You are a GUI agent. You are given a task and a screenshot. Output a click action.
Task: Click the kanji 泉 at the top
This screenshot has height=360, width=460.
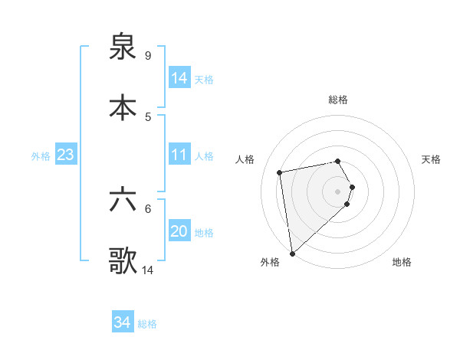pyautogui.click(x=123, y=47)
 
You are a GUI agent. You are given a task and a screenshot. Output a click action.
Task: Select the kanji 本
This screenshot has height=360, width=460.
pyautogui.click(x=123, y=108)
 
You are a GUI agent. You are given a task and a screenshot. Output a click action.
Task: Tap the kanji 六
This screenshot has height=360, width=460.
pyautogui.click(x=123, y=202)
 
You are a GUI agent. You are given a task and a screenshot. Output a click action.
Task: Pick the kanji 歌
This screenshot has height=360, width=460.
pyautogui.click(x=123, y=261)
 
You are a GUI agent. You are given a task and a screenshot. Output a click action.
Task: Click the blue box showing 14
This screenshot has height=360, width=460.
pyautogui.click(x=179, y=78)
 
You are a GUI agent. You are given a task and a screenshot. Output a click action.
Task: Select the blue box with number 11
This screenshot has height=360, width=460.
pyautogui.click(x=179, y=155)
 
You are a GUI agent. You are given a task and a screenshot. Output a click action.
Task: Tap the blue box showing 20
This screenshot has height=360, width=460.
pyautogui.click(x=179, y=231)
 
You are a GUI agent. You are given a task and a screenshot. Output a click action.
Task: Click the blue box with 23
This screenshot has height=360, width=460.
pyautogui.click(x=66, y=155)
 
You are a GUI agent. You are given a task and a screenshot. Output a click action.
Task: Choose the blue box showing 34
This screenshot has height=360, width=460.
pyautogui.click(x=123, y=322)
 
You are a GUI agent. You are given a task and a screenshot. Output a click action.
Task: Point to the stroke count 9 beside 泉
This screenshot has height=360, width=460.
pyautogui.click(x=147, y=55)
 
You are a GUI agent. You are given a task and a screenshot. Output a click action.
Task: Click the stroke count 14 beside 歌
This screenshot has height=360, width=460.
pyautogui.click(x=148, y=270)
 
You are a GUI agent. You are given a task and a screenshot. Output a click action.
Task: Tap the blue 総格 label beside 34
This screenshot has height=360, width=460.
pyautogui.click(x=147, y=324)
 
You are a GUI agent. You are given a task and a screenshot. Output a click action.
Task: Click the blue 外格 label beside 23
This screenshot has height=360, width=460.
pyautogui.click(x=41, y=156)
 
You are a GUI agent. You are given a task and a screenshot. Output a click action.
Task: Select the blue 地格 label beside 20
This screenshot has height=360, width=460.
pyautogui.click(x=204, y=233)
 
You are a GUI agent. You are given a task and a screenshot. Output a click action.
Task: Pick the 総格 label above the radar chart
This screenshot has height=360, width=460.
pyautogui.click(x=338, y=100)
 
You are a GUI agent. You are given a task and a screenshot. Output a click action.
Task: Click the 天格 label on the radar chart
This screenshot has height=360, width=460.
pyautogui.click(x=432, y=159)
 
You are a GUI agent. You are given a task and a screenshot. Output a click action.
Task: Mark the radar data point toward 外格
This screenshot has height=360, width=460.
pyautogui.click(x=292, y=253)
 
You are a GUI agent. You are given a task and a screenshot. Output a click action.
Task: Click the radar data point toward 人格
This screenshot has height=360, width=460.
pyautogui.click(x=280, y=172)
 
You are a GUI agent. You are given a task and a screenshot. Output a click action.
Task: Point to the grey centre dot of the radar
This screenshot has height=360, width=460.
pyautogui.click(x=338, y=191)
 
